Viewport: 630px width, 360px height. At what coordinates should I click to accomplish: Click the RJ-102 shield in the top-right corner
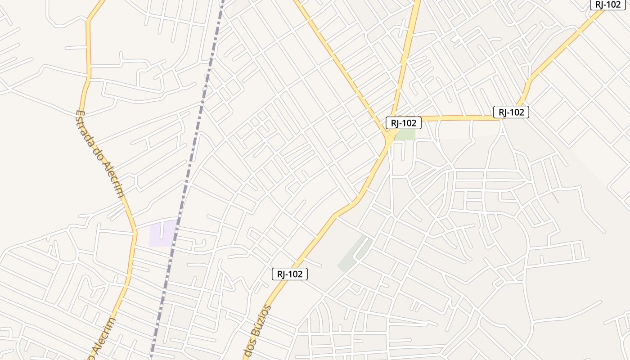coord(608,4)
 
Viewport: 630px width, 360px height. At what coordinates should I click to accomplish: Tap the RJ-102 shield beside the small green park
coord(403,123)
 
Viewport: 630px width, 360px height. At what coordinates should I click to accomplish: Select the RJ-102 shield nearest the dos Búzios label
coord(289,274)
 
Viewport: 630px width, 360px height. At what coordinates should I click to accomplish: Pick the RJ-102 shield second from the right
coord(511,112)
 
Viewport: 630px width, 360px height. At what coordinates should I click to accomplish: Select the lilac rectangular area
coord(162,233)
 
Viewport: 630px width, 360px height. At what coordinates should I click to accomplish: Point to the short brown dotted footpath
coord(555,198)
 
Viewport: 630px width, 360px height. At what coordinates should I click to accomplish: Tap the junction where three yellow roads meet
coord(389,135)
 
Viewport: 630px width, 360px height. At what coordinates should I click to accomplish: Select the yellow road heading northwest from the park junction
coord(342,67)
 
